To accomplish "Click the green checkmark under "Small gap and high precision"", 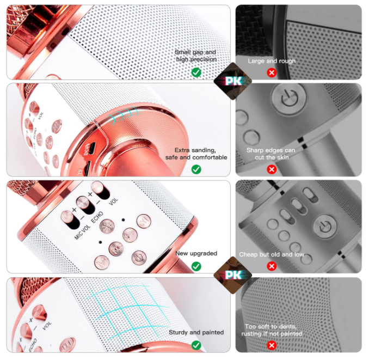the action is click(196, 72).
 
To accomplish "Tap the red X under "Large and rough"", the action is click(272, 72).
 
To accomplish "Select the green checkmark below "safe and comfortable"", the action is click(196, 169).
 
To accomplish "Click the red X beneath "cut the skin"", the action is click(272, 169).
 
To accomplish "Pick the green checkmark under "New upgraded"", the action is click(196, 266).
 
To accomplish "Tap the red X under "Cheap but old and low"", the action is click(272, 266).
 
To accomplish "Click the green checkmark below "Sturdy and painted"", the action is click(196, 345).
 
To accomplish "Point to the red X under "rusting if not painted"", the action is click(272, 345).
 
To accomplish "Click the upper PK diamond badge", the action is click(233, 81).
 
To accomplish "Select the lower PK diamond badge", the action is click(233, 275).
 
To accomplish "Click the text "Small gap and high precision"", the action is click(196, 56).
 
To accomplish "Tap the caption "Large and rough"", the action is click(272, 61).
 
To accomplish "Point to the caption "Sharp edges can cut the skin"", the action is click(271, 154).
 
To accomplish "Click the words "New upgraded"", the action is click(196, 253).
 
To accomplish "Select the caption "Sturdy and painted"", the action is click(196, 332).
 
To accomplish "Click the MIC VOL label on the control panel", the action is click(82, 233).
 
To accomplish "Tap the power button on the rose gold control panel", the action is click(139, 258).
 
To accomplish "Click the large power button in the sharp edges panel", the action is click(289, 98).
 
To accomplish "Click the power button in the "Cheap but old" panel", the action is click(325, 226).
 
